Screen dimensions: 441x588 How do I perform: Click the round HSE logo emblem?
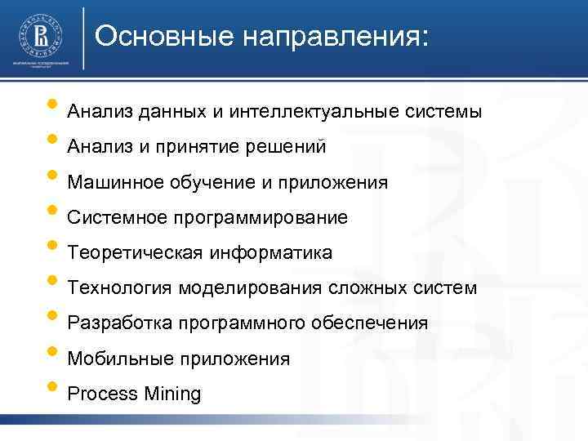coord(40,35)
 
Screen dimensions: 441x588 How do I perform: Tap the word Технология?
coord(119,288)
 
